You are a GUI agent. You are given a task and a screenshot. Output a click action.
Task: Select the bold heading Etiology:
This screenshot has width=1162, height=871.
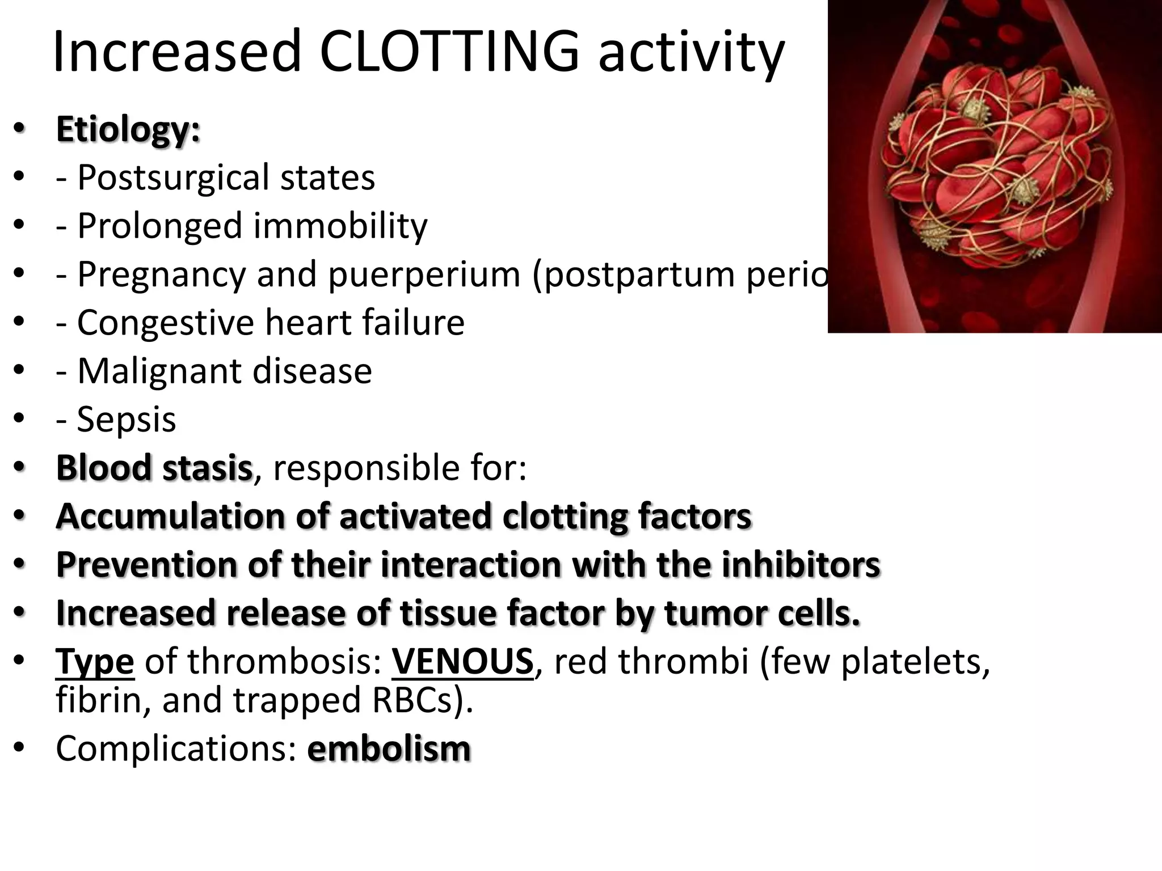[x=128, y=129]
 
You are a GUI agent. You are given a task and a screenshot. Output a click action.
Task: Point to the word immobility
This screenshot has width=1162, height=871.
[x=340, y=226]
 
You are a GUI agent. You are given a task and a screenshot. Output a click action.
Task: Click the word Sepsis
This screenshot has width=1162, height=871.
[x=126, y=419]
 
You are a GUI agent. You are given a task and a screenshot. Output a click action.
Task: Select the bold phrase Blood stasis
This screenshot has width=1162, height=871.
[x=154, y=468]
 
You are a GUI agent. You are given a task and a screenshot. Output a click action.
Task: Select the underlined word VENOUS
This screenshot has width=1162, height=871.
[x=462, y=661]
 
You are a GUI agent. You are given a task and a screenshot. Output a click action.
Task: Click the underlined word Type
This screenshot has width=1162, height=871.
[x=95, y=661]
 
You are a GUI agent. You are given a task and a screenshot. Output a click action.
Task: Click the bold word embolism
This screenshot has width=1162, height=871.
[x=389, y=749]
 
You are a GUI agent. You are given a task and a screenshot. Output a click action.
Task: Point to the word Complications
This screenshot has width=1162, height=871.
[x=176, y=749]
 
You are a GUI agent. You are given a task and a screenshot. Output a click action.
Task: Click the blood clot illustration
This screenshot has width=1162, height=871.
[x=995, y=166]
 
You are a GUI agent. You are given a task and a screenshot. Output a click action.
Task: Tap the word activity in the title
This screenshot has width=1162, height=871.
[x=691, y=52]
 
